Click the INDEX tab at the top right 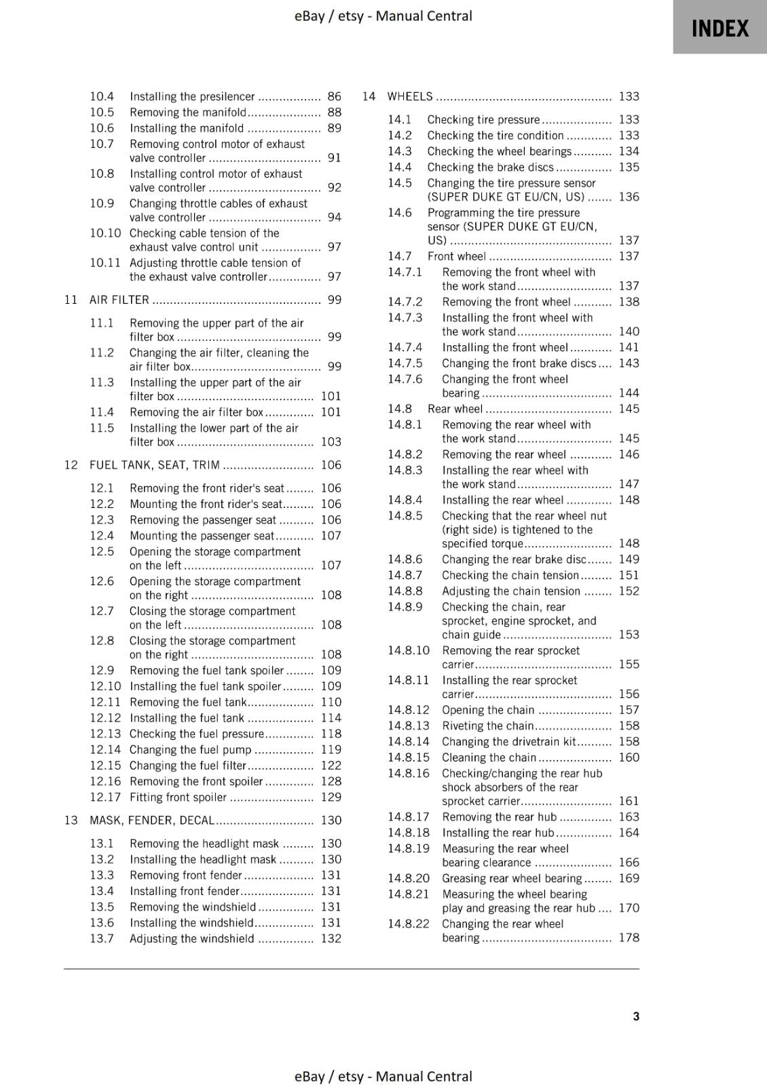[x=719, y=28]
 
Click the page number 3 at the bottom [x=636, y=1016]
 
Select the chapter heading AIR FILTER [x=119, y=300]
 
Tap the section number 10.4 [x=102, y=96]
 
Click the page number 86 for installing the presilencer [x=334, y=96]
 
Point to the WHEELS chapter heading [x=409, y=96]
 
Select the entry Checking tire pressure [x=483, y=119]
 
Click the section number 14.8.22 [x=409, y=924]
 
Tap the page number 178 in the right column [x=629, y=937]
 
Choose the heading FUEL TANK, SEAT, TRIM [x=154, y=465]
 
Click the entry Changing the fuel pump [x=190, y=749]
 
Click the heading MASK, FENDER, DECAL [x=151, y=820]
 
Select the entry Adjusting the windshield [x=191, y=939]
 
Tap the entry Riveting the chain [x=487, y=726]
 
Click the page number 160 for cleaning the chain [x=629, y=757]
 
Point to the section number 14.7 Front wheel [x=400, y=256]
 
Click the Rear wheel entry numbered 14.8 [x=455, y=409]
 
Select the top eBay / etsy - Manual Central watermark [x=383, y=16]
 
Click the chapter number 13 [x=71, y=820]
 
